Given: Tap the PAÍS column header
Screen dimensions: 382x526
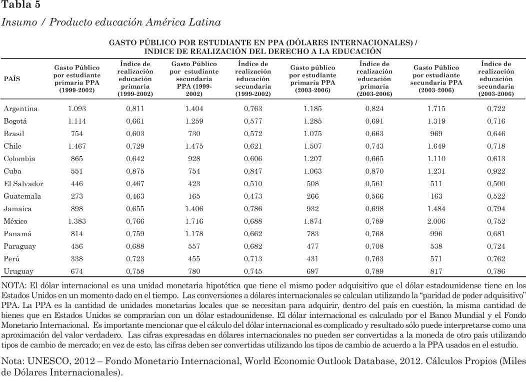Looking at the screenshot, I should click(x=12, y=79).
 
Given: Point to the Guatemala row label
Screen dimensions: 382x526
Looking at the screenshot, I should click(x=22, y=196).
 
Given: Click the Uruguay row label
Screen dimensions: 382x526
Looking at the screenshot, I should click(x=18, y=271).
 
